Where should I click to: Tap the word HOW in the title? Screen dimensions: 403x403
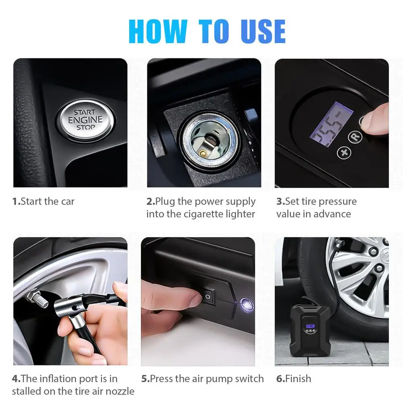[x=158, y=31]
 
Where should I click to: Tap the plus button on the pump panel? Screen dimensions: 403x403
[x=344, y=153]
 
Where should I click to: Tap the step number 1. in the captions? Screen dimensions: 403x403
[x=16, y=201]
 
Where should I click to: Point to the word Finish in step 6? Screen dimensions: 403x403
[x=298, y=378]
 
